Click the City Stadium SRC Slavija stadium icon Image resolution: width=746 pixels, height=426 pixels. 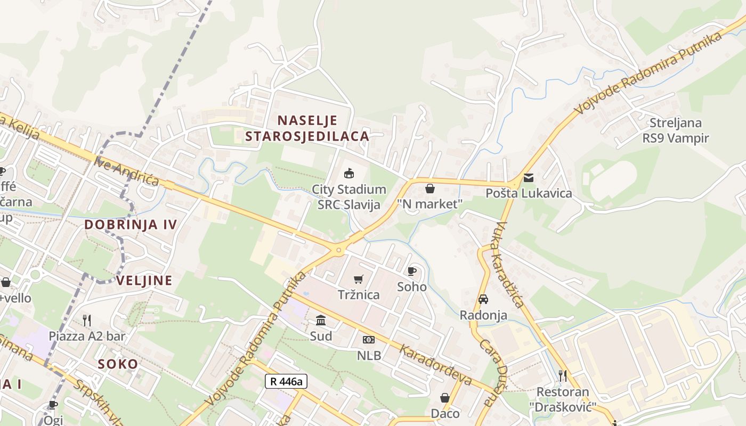tap(348, 174)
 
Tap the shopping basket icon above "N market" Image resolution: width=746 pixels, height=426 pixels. tap(429, 189)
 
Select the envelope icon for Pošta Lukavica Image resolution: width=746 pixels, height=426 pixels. tap(528, 178)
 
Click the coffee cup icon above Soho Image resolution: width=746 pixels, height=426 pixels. tap(412, 272)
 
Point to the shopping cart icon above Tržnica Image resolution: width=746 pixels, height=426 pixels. tap(359, 280)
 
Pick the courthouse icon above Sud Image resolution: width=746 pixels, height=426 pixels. tap(321, 321)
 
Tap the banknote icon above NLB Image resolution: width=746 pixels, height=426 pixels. tap(369, 340)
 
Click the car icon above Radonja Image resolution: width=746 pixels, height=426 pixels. tap(483, 300)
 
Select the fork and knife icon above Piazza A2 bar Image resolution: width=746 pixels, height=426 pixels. tap(87, 321)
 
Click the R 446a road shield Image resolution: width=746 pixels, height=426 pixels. tap(286, 381)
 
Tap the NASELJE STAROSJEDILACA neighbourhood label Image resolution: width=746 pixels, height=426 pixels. tap(307, 128)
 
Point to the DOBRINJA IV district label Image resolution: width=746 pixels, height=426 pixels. tap(131, 224)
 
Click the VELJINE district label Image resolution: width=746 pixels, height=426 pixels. tap(144, 281)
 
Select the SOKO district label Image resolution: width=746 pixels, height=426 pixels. tap(118, 364)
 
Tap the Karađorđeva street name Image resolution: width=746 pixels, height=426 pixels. tap(435, 365)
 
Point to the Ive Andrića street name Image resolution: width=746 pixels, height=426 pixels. tap(127, 171)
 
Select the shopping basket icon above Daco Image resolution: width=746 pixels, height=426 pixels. tap(445, 398)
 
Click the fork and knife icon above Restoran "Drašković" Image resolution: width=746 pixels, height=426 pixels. tap(563, 376)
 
